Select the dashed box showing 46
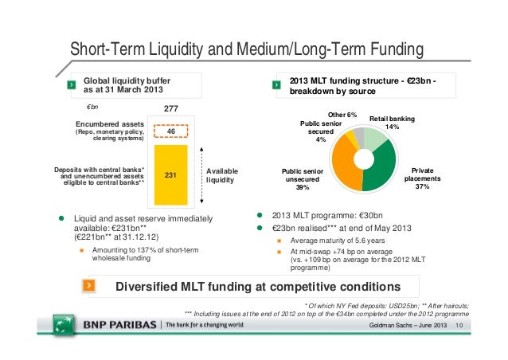coord(170,131)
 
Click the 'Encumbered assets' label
coord(110,124)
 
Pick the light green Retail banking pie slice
coord(375,139)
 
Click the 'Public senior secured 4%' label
coord(321,132)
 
